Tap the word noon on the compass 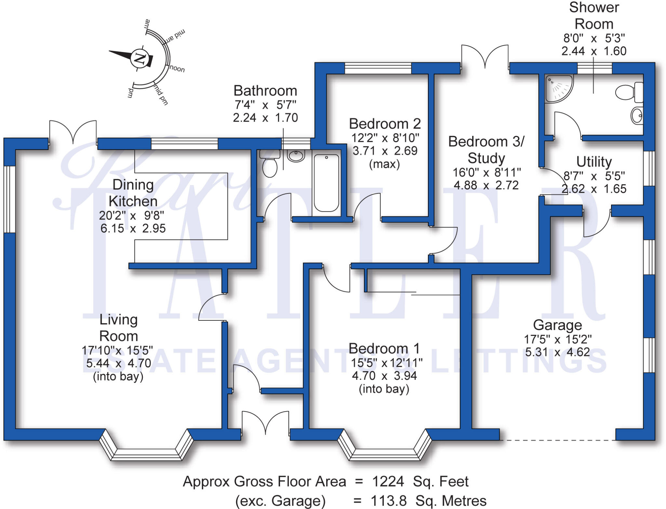pyautogui.click(x=177, y=69)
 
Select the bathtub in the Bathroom pyautogui.click(x=326, y=183)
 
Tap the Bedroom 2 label pyautogui.click(x=385, y=124)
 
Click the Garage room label pyautogui.click(x=557, y=325)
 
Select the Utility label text pyautogui.click(x=594, y=162)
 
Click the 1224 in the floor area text pyautogui.click(x=388, y=481)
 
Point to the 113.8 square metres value pyautogui.click(x=389, y=501)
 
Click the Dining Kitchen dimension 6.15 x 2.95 pyautogui.click(x=133, y=228)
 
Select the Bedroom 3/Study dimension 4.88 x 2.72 pyautogui.click(x=486, y=185)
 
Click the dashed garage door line pyautogui.click(x=557, y=440)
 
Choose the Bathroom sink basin pyautogui.click(x=296, y=156)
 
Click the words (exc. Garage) pyautogui.click(x=280, y=501)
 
